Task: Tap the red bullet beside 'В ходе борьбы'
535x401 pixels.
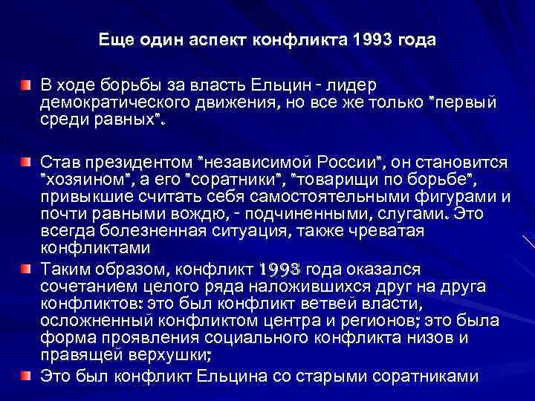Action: (x=26, y=88)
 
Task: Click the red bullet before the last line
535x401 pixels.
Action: (x=26, y=376)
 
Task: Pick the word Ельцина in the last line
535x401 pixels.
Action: (x=239, y=376)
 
